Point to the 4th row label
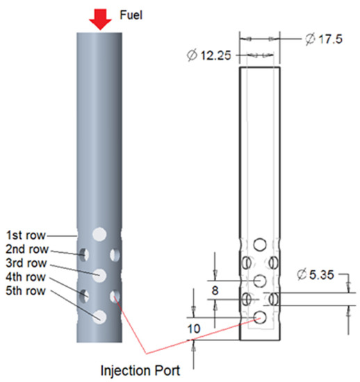pyautogui.click(x=26, y=277)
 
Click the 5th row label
pyautogui.click(x=26, y=291)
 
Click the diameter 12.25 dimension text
pyautogui.click(x=211, y=54)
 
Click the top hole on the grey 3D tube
pyautogui.click(x=101, y=233)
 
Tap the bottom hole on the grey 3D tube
pyautogui.click(x=101, y=317)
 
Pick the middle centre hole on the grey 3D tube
pyautogui.click(x=101, y=275)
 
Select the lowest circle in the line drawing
pyautogui.click(x=261, y=317)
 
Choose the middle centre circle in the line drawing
pyautogui.click(x=261, y=281)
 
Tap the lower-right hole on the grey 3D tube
pyautogui.click(x=115, y=297)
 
